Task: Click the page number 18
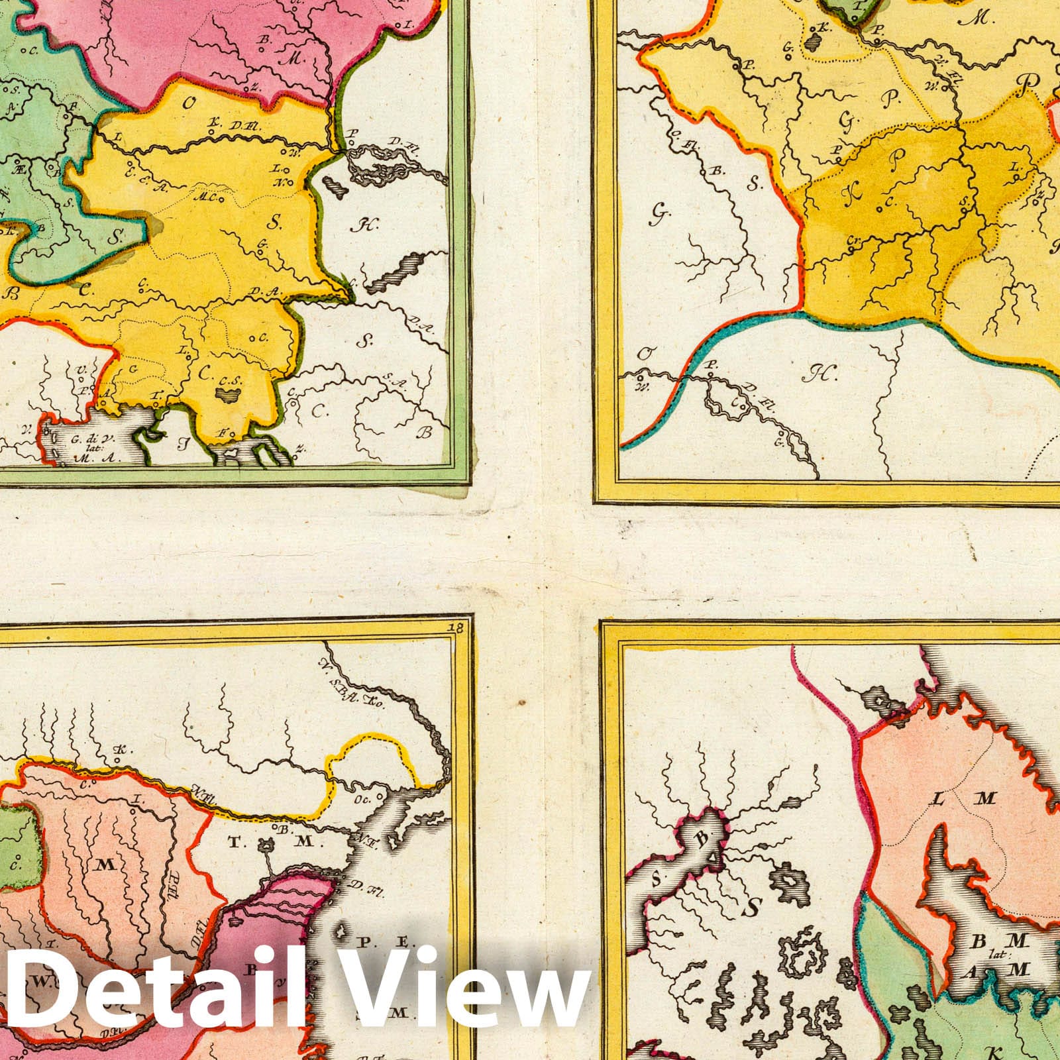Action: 454,627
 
